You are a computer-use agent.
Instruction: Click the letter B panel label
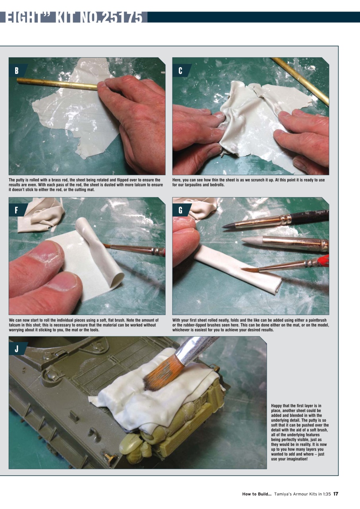click(16, 71)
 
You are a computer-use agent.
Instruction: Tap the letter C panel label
click(180, 71)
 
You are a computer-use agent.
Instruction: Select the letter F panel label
click(16, 210)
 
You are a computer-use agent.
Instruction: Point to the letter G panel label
click(180, 210)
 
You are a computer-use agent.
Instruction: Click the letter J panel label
click(16, 349)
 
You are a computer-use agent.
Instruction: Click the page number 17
click(336, 494)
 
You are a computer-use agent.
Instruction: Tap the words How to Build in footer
click(257, 494)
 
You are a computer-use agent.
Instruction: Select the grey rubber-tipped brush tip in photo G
click(251, 240)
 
